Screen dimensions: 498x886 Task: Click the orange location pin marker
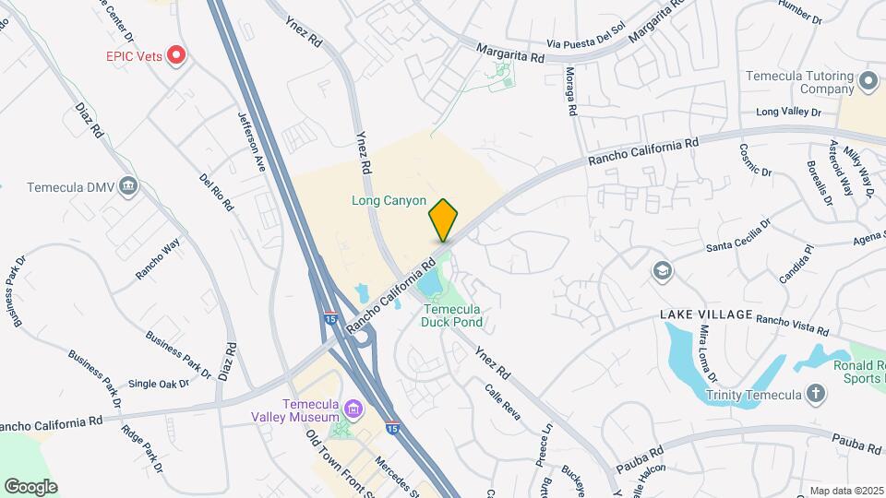tap(443, 219)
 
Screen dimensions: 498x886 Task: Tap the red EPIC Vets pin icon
tap(177, 55)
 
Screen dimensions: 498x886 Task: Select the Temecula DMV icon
tap(128, 187)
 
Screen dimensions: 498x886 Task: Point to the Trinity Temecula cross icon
tap(815, 395)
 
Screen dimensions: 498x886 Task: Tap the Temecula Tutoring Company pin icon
tap(867, 82)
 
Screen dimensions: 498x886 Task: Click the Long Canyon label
tap(389, 200)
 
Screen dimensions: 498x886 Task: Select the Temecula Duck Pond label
tap(451, 315)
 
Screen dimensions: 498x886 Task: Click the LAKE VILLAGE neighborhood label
tap(706, 314)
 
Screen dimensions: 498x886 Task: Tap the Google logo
tap(30, 487)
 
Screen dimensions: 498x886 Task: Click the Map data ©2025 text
tap(845, 491)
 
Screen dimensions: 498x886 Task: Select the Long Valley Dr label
tap(788, 113)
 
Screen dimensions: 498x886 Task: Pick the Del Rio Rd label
tap(215, 191)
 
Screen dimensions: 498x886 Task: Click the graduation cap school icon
tap(662, 270)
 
